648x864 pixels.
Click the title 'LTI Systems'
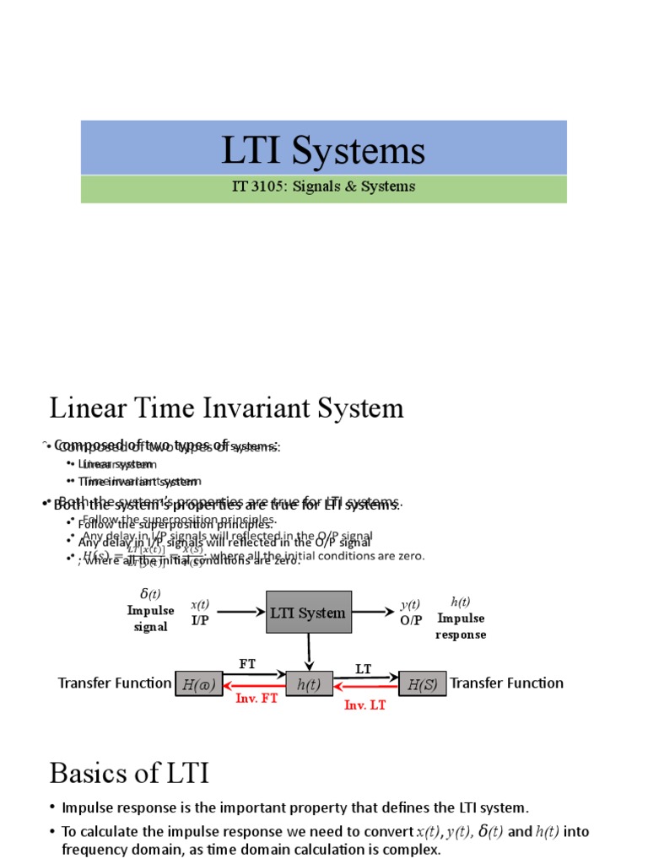pos(323,150)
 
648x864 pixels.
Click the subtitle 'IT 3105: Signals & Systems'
pos(323,186)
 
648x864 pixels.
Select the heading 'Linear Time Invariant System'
pos(226,408)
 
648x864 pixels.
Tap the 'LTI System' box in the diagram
pos(309,613)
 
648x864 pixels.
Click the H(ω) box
pos(198,684)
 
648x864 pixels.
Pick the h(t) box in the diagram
pos(309,684)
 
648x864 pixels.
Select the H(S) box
pos(422,684)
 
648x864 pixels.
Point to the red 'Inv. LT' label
pos(364,705)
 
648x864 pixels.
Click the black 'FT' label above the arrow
pos(247,664)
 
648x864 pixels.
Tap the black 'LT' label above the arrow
pos(364,669)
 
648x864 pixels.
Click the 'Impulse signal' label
pos(150,618)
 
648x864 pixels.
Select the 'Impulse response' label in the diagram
pos(461,626)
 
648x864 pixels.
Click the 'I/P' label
pos(200,620)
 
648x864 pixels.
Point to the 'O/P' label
pos(411,620)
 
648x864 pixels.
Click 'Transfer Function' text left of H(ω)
pos(114,683)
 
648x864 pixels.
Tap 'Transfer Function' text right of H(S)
pos(506,683)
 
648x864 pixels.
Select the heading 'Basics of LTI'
pos(129,773)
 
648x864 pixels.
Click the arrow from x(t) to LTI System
pos(240,613)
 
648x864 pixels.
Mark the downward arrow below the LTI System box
pos(310,651)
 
